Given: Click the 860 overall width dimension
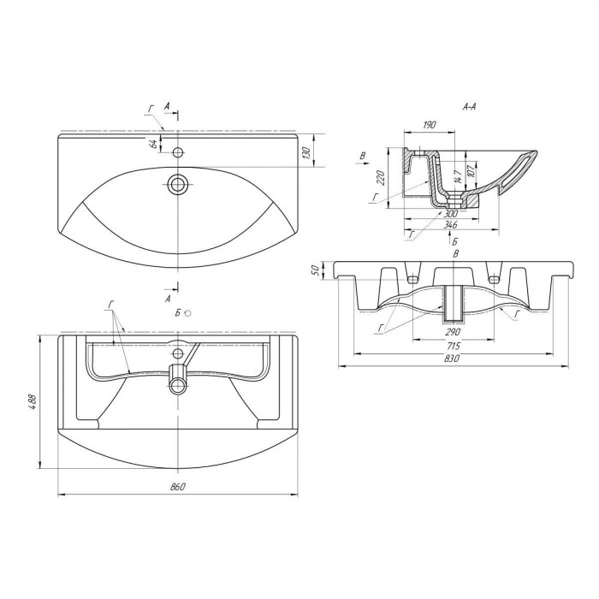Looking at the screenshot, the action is click(x=178, y=487).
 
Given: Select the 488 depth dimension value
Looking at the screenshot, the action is click(x=33, y=401).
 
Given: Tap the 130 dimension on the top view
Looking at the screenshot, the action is click(x=306, y=152).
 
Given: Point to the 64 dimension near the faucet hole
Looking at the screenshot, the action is click(x=154, y=144).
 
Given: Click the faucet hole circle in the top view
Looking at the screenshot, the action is click(x=178, y=152).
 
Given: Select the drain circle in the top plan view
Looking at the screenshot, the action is click(x=178, y=185).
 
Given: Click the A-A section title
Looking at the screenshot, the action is click(x=469, y=107).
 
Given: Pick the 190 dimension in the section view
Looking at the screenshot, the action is click(x=430, y=125).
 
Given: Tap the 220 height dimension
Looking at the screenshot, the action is click(x=381, y=178).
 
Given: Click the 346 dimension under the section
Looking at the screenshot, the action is click(x=451, y=224).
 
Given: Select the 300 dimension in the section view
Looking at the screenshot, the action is click(x=451, y=213).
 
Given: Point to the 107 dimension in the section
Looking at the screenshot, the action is click(x=471, y=169).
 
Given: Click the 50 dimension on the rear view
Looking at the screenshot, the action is click(x=315, y=270).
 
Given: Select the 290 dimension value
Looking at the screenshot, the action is click(x=453, y=332).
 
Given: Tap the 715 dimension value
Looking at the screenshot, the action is click(x=453, y=346).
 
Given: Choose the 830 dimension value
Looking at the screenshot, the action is click(x=453, y=359).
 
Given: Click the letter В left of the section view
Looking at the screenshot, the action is click(x=364, y=156).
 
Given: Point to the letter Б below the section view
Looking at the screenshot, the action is click(x=454, y=241).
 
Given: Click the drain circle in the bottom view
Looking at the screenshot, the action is click(x=178, y=385).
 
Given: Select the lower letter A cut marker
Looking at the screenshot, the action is click(x=168, y=299).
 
